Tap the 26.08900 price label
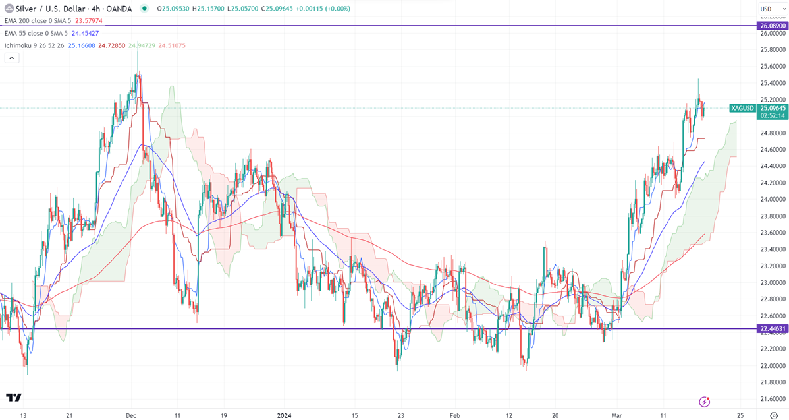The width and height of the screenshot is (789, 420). (772, 26)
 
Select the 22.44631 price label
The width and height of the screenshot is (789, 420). (772, 328)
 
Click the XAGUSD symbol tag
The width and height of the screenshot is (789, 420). (742, 108)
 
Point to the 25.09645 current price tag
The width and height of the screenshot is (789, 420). (772, 108)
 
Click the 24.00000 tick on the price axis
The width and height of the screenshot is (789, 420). (772, 200)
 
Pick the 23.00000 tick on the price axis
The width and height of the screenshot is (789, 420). (772, 283)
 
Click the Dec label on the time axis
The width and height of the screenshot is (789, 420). (130, 415)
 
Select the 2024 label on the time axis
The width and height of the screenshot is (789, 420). (285, 415)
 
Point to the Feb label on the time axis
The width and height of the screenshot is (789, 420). (454, 415)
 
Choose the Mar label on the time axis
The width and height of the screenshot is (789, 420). (616, 415)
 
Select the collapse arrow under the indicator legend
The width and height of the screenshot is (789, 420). (12, 57)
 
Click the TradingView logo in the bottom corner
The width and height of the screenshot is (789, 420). (14, 398)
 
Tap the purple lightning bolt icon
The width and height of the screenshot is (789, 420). (705, 401)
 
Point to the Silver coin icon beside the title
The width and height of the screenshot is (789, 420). (9, 9)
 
